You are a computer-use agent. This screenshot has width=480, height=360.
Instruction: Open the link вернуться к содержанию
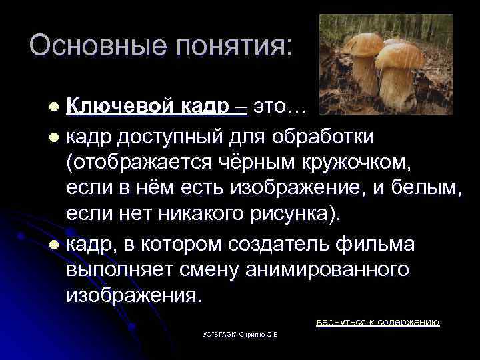[377, 322]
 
